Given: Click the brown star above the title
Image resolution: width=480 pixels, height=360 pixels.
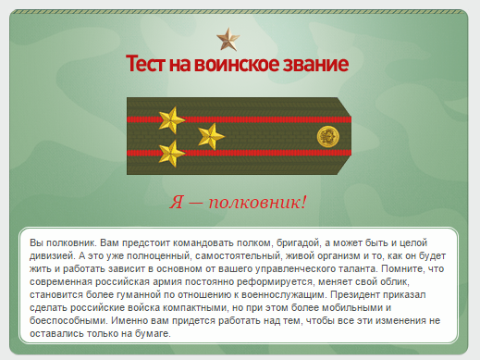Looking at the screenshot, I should pyautogui.click(x=226, y=39).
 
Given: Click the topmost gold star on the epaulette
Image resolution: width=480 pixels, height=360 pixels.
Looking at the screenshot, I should pyautogui.click(x=171, y=118).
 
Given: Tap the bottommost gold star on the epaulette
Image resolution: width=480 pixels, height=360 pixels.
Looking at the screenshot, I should pyautogui.click(x=171, y=153).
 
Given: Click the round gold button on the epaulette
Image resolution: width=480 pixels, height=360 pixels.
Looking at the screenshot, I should pyautogui.click(x=327, y=136).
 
